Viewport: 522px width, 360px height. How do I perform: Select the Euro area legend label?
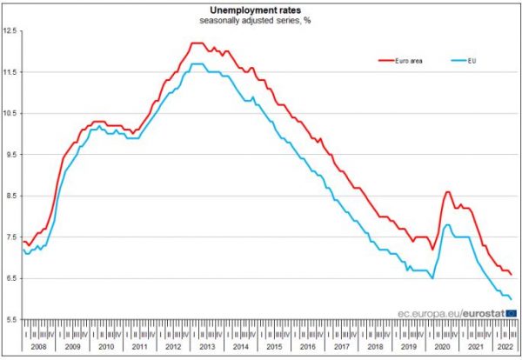click(412, 61)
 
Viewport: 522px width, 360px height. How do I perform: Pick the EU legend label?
click(474, 61)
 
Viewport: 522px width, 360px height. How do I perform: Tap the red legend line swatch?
click(387, 61)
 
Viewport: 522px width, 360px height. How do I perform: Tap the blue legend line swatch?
click(458, 61)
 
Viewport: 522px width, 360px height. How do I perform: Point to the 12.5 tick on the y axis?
click(10, 31)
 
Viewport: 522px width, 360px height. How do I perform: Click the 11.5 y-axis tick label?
click(10, 72)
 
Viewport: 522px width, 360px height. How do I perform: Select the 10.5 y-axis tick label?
click(10, 114)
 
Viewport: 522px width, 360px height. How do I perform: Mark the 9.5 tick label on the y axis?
click(10, 155)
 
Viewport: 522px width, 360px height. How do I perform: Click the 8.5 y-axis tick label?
click(10, 197)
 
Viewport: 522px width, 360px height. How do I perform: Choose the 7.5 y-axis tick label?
click(10, 237)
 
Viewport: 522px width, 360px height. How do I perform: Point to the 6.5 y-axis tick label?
click(10, 278)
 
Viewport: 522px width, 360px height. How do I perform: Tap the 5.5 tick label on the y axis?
click(10, 320)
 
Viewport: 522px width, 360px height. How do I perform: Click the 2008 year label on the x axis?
click(37, 346)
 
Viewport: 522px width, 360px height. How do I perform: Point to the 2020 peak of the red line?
click(447, 192)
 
